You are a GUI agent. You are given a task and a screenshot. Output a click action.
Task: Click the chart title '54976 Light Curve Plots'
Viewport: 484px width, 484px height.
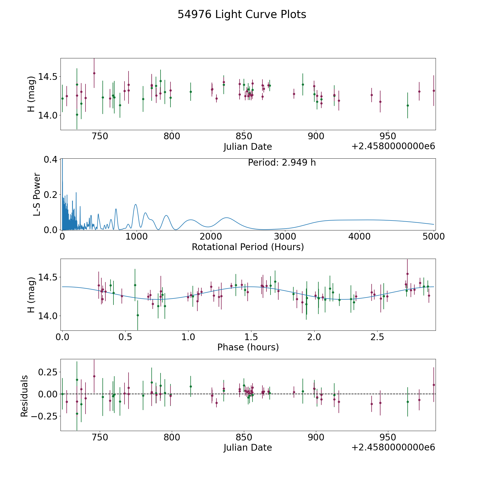tap(242, 15)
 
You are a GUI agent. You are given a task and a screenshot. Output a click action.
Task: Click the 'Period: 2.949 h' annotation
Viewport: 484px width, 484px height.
tap(282, 163)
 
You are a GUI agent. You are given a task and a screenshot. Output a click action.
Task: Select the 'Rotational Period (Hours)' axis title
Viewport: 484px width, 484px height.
tap(248, 247)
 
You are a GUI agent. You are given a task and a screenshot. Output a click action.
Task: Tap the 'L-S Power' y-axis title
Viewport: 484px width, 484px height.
tap(37, 194)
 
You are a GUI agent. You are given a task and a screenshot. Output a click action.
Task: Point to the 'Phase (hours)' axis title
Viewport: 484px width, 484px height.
tap(248, 347)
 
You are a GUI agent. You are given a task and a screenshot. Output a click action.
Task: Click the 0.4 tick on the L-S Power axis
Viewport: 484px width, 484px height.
tap(51, 159)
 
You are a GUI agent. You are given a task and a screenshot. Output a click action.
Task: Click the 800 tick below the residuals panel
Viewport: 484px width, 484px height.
tap(172, 437)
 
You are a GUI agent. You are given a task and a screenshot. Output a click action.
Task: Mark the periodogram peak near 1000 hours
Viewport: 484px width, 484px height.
tap(136, 205)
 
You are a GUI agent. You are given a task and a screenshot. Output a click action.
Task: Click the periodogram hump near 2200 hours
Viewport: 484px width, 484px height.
tap(227, 218)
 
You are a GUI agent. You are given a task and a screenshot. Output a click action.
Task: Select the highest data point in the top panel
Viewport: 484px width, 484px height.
tap(94, 73)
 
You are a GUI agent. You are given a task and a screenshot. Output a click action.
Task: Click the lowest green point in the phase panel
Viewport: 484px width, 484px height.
tap(138, 315)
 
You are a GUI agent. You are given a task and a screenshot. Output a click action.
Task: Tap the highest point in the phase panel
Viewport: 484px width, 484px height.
tap(407, 274)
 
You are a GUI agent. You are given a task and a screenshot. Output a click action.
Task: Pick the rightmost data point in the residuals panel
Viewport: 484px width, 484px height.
tap(433, 385)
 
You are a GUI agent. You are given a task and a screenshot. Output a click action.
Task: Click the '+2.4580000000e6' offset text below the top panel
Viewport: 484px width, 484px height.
tap(393, 147)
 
